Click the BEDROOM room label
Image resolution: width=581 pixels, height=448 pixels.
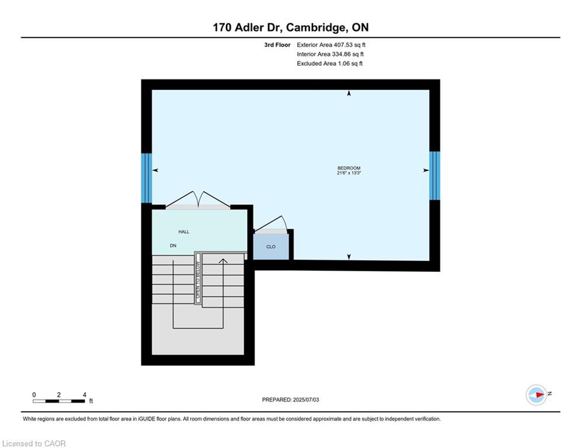click(349, 168)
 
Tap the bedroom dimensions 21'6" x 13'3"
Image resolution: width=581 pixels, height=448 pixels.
click(349, 173)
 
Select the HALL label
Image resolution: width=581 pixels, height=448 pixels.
click(184, 232)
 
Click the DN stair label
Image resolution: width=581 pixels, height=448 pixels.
click(173, 246)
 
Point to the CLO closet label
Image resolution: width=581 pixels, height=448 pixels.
click(271, 247)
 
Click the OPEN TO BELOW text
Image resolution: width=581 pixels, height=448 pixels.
click(198, 280)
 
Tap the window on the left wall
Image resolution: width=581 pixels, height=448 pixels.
click(147, 178)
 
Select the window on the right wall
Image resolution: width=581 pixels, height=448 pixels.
click(434, 176)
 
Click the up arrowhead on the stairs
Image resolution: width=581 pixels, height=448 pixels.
click(223, 261)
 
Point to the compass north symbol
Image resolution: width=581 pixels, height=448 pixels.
click(537, 395)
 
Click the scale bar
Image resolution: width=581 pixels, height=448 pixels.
click(59, 401)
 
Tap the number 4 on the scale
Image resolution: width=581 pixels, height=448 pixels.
click(85, 395)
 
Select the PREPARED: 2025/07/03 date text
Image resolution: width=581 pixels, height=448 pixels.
click(291, 400)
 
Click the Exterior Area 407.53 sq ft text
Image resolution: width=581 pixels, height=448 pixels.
click(331, 45)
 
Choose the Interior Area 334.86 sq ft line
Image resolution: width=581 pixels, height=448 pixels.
click(330, 54)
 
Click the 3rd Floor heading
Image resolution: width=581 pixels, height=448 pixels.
click(277, 45)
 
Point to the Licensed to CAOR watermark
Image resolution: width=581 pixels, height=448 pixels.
click(34, 443)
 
